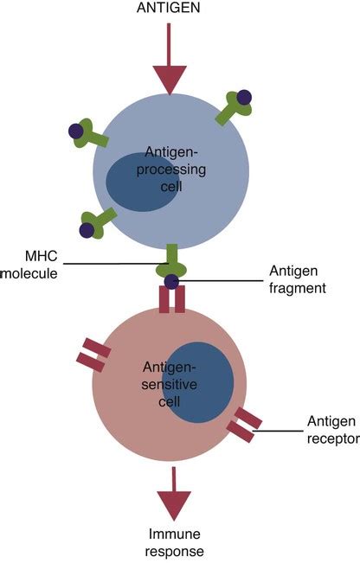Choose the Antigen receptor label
pos(330,430)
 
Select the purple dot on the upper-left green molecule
pos(75,131)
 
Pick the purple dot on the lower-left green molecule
pos(87,230)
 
